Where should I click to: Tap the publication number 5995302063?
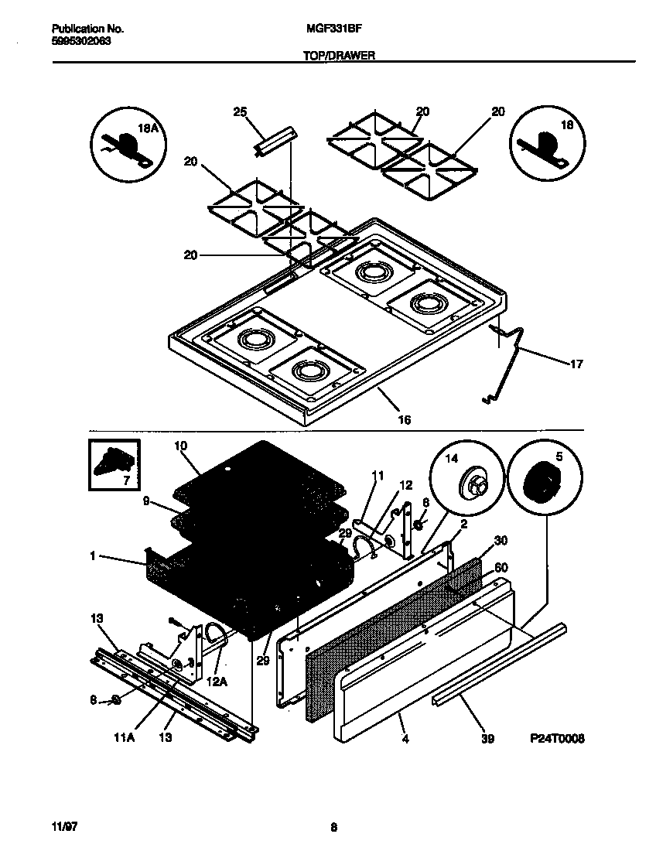[75, 41]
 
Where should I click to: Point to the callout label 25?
[240, 112]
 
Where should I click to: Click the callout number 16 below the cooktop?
[404, 420]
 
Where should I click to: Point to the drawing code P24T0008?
[558, 739]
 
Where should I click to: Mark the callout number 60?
[501, 568]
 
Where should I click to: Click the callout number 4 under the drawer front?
[405, 740]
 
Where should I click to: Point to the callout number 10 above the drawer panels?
[181, 446]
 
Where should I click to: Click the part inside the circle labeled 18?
[545, 148]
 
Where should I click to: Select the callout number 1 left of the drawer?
[92, 555]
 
